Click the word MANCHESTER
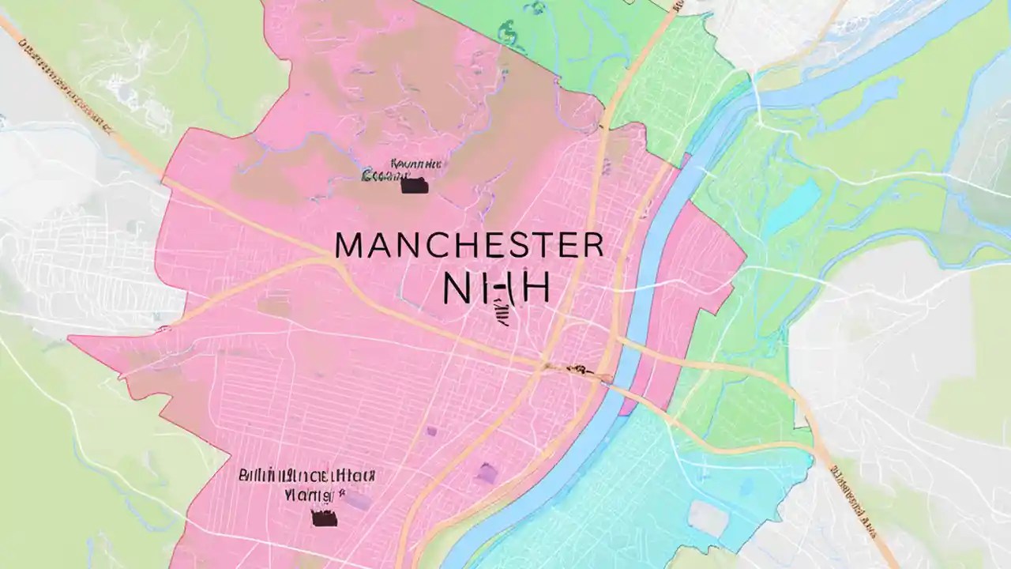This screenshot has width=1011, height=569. point(469,246)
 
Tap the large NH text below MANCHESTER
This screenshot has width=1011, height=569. point(496,290)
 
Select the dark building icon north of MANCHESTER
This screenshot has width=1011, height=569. point(414,187)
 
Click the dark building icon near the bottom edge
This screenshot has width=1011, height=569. point(324,518)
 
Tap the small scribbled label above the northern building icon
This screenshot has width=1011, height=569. point(404,168)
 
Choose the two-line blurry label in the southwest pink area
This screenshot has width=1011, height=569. point(306,484)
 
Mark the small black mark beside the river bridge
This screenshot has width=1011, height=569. point(576,367)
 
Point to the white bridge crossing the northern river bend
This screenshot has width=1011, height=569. point(757,95)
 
